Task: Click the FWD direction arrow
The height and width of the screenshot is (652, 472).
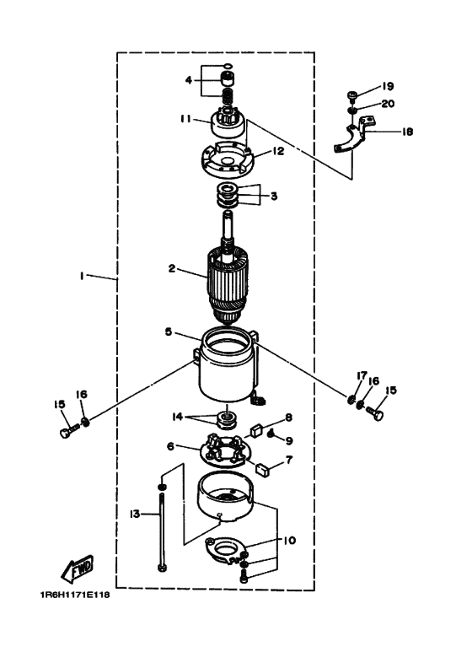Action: [78, 568]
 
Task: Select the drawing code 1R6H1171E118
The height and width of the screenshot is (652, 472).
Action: [75, 595]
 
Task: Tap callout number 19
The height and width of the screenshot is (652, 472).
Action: [387, 87]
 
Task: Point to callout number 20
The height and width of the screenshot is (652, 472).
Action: [388, 103]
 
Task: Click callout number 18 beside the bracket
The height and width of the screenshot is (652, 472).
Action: [407, 132]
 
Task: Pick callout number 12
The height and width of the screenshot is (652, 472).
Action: [278, 151]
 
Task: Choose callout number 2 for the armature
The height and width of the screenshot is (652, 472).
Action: [172, 268]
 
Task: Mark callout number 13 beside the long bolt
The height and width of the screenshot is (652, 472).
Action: [135, 515]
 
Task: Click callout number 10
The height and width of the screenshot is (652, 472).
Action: [290, 540]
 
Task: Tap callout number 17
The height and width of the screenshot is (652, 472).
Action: [362, 376]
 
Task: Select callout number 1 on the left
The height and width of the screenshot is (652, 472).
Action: [82, 275]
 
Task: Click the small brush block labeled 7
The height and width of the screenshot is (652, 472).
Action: [263, 470]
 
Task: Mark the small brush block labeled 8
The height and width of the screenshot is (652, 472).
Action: [255, 430]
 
